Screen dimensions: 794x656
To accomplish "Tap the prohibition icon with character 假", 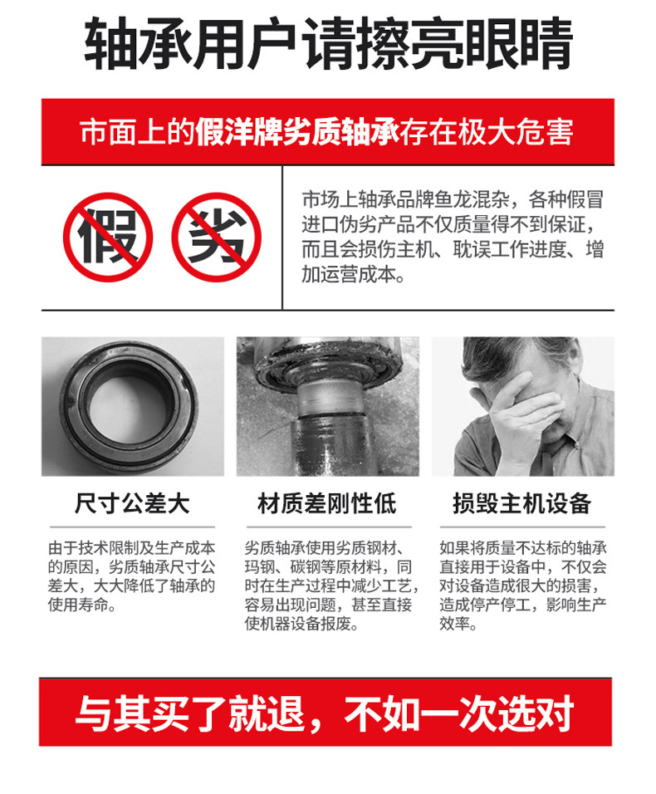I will pyautogui.click(x=108, y=238).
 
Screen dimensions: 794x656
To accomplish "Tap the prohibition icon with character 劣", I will pyautogui.click(x=217, y=238).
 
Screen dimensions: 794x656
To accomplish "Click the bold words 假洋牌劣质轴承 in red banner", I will pyautogui.click(x=298, y=133).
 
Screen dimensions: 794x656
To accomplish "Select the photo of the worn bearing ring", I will pyautogui.click(x=132, y=406).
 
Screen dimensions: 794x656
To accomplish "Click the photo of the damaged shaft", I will pyautogui.click(x=327, y=406).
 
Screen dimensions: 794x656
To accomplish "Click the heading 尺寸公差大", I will pyautogui.click(x=132, y=503).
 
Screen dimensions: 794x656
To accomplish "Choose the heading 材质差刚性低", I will pyautogui.click(x=327, y=503).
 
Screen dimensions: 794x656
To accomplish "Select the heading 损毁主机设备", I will pyautogui.click(x=521, y=503).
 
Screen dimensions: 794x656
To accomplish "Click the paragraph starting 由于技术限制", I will pyautogui.click(x=132, y=576).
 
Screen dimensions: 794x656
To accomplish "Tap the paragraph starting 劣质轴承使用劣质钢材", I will pyautogui.click(x=327, y=586).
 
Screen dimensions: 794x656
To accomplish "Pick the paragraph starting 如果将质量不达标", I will pyautogui.click(x=522, y=586).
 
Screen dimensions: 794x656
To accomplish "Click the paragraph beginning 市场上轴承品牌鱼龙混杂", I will pyautogui.click(x=452, y=238).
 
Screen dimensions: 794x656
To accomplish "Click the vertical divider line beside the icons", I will pyautogui.click(x=282, y=238).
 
